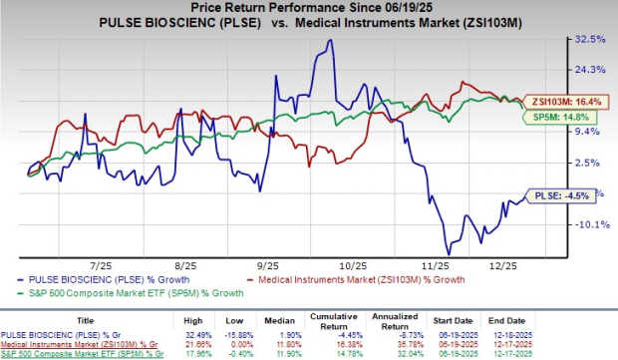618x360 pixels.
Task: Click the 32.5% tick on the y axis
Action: pos(590,39)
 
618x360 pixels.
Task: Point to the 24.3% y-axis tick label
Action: pos(590,70)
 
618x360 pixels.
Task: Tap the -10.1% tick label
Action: pos(590,224)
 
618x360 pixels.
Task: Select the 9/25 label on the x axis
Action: pos(266,268)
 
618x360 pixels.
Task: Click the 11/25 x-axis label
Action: pos(435,268)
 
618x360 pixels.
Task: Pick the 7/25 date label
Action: pos(100,268)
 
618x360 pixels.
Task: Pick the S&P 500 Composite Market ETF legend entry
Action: pos(101,294)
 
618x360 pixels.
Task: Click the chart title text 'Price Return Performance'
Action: pos(299,9)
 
